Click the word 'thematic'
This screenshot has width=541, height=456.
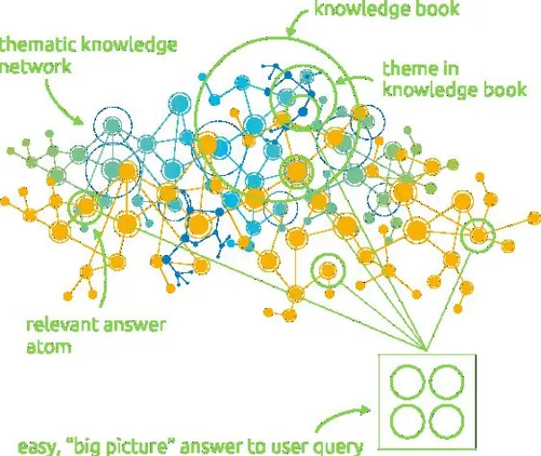[38, 45]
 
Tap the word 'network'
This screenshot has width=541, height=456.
[35, 66]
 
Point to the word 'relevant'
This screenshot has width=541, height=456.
[62, 326]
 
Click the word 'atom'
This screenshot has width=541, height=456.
[48, 347]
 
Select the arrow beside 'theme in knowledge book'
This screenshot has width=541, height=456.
[353, 80]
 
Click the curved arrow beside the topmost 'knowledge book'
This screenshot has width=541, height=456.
[296, 20]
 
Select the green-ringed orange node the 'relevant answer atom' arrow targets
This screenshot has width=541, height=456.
[85, 206]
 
